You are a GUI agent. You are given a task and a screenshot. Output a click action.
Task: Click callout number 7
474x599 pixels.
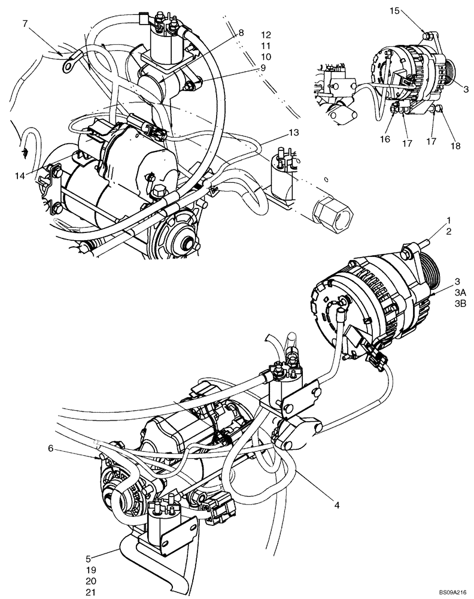[25, 24]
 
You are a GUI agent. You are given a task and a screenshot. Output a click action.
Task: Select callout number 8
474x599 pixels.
[241, 34]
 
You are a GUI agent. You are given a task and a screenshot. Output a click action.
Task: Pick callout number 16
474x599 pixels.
[385, 139]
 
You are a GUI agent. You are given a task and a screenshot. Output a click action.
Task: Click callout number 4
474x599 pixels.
[338, 506]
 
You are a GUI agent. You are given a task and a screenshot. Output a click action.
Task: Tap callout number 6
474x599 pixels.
[51, 448]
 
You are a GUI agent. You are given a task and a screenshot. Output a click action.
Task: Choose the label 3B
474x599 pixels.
[460, 304]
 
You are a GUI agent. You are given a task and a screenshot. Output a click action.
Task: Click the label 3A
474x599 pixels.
[460, 292]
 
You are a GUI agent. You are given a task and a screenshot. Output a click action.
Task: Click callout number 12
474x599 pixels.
[266, 34]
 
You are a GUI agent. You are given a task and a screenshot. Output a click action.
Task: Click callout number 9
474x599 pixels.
[263, 68]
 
